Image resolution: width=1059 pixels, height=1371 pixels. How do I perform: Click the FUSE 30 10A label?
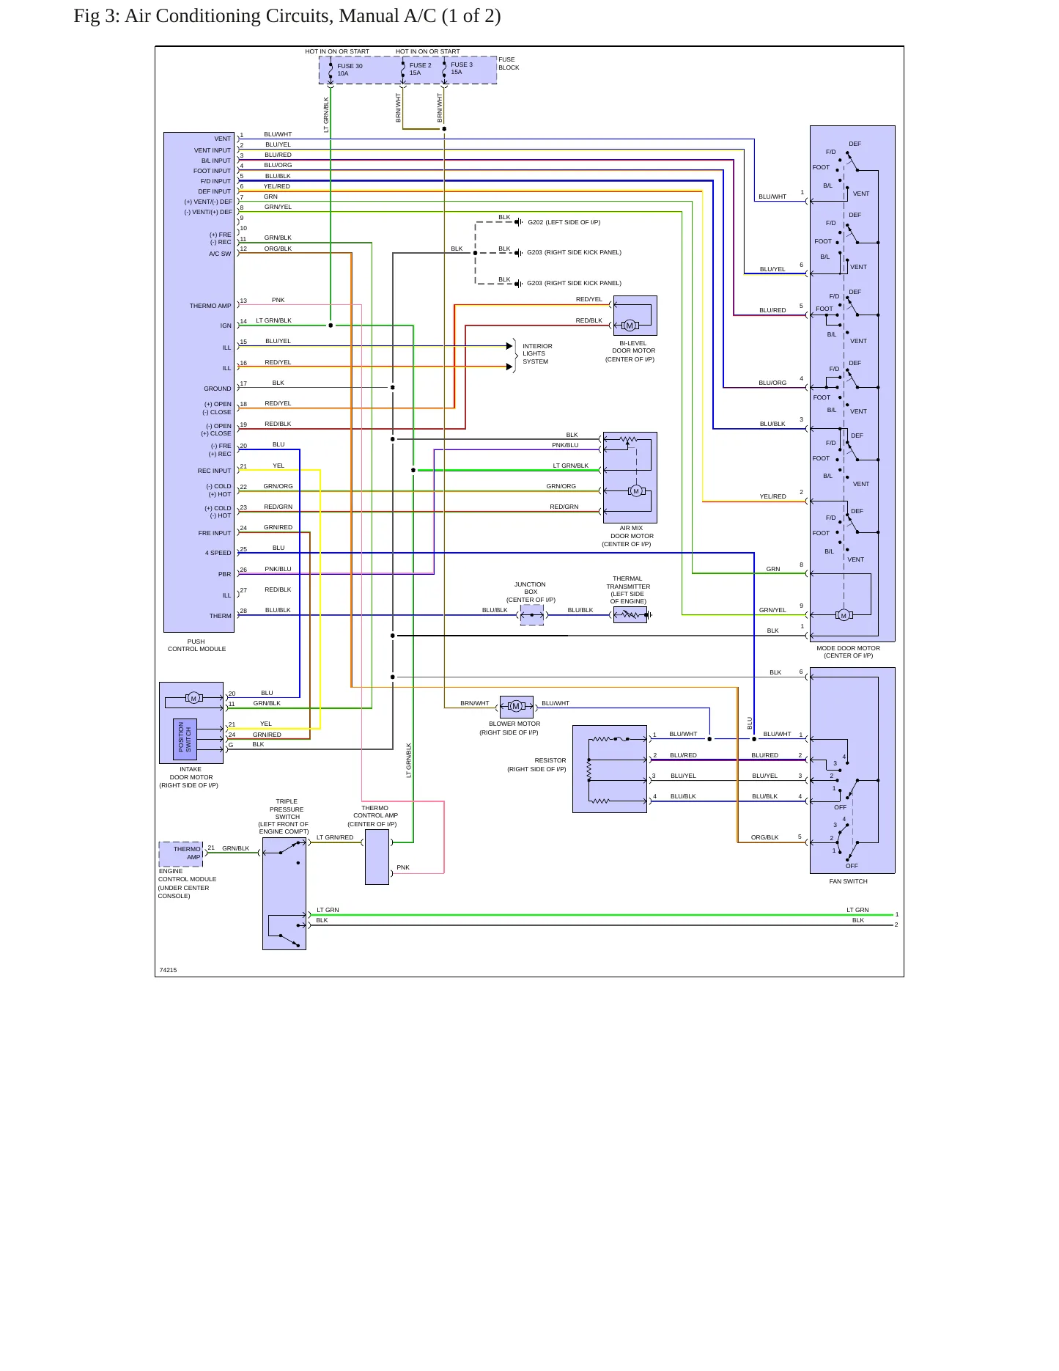350,70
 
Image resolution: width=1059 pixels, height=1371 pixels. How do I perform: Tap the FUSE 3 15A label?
462,68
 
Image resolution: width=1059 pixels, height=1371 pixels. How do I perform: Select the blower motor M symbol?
516,706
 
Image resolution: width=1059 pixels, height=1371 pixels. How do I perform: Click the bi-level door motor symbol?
630,326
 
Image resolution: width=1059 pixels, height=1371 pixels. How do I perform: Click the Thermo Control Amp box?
377,857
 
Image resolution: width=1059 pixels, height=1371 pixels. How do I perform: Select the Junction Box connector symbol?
532,615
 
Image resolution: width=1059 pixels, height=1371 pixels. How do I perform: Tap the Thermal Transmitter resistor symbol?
630,615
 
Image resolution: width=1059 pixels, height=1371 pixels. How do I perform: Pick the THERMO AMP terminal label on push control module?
210,306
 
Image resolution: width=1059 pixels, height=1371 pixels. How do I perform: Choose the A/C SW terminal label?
220,254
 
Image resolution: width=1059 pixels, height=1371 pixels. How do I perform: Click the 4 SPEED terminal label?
218,553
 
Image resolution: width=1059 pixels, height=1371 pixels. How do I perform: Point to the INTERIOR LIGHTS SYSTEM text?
537,353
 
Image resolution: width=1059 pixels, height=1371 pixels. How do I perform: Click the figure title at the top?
287,16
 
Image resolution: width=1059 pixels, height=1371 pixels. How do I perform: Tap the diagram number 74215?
168,970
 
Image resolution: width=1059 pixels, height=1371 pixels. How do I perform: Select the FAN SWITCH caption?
848,881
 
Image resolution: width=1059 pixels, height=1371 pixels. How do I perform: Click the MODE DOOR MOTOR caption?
849,648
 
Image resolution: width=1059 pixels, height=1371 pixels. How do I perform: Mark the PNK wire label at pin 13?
278,300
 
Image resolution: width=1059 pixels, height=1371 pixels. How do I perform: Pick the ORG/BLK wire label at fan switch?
764,837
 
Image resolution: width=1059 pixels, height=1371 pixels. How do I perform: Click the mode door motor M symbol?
844,615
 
